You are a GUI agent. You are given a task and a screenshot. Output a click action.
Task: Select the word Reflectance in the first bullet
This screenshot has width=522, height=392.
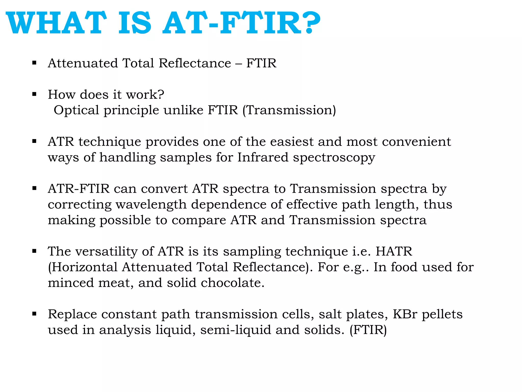pos(195,63)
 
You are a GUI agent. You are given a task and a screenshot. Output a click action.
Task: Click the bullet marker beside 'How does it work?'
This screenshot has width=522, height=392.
pos(34,94)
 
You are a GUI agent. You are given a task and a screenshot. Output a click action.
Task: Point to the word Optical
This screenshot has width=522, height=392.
pos(76,110)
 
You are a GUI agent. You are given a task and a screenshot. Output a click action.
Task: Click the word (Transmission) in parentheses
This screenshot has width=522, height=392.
pos(289,110)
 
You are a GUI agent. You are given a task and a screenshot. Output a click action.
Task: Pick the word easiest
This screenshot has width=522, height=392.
pos(292,142)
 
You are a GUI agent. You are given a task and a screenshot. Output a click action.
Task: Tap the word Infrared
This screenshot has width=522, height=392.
pos(263,157)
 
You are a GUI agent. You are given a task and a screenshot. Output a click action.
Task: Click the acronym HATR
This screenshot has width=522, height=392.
pos(394,252)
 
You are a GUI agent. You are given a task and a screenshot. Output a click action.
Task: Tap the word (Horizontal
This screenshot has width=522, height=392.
pos(83,267)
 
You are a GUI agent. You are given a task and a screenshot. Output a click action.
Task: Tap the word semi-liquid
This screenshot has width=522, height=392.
pos(236,330)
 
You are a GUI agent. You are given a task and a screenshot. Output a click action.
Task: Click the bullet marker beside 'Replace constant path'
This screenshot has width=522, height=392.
pos(34,314)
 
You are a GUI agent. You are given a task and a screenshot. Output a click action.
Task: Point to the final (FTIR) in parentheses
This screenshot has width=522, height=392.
pos(368,330)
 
